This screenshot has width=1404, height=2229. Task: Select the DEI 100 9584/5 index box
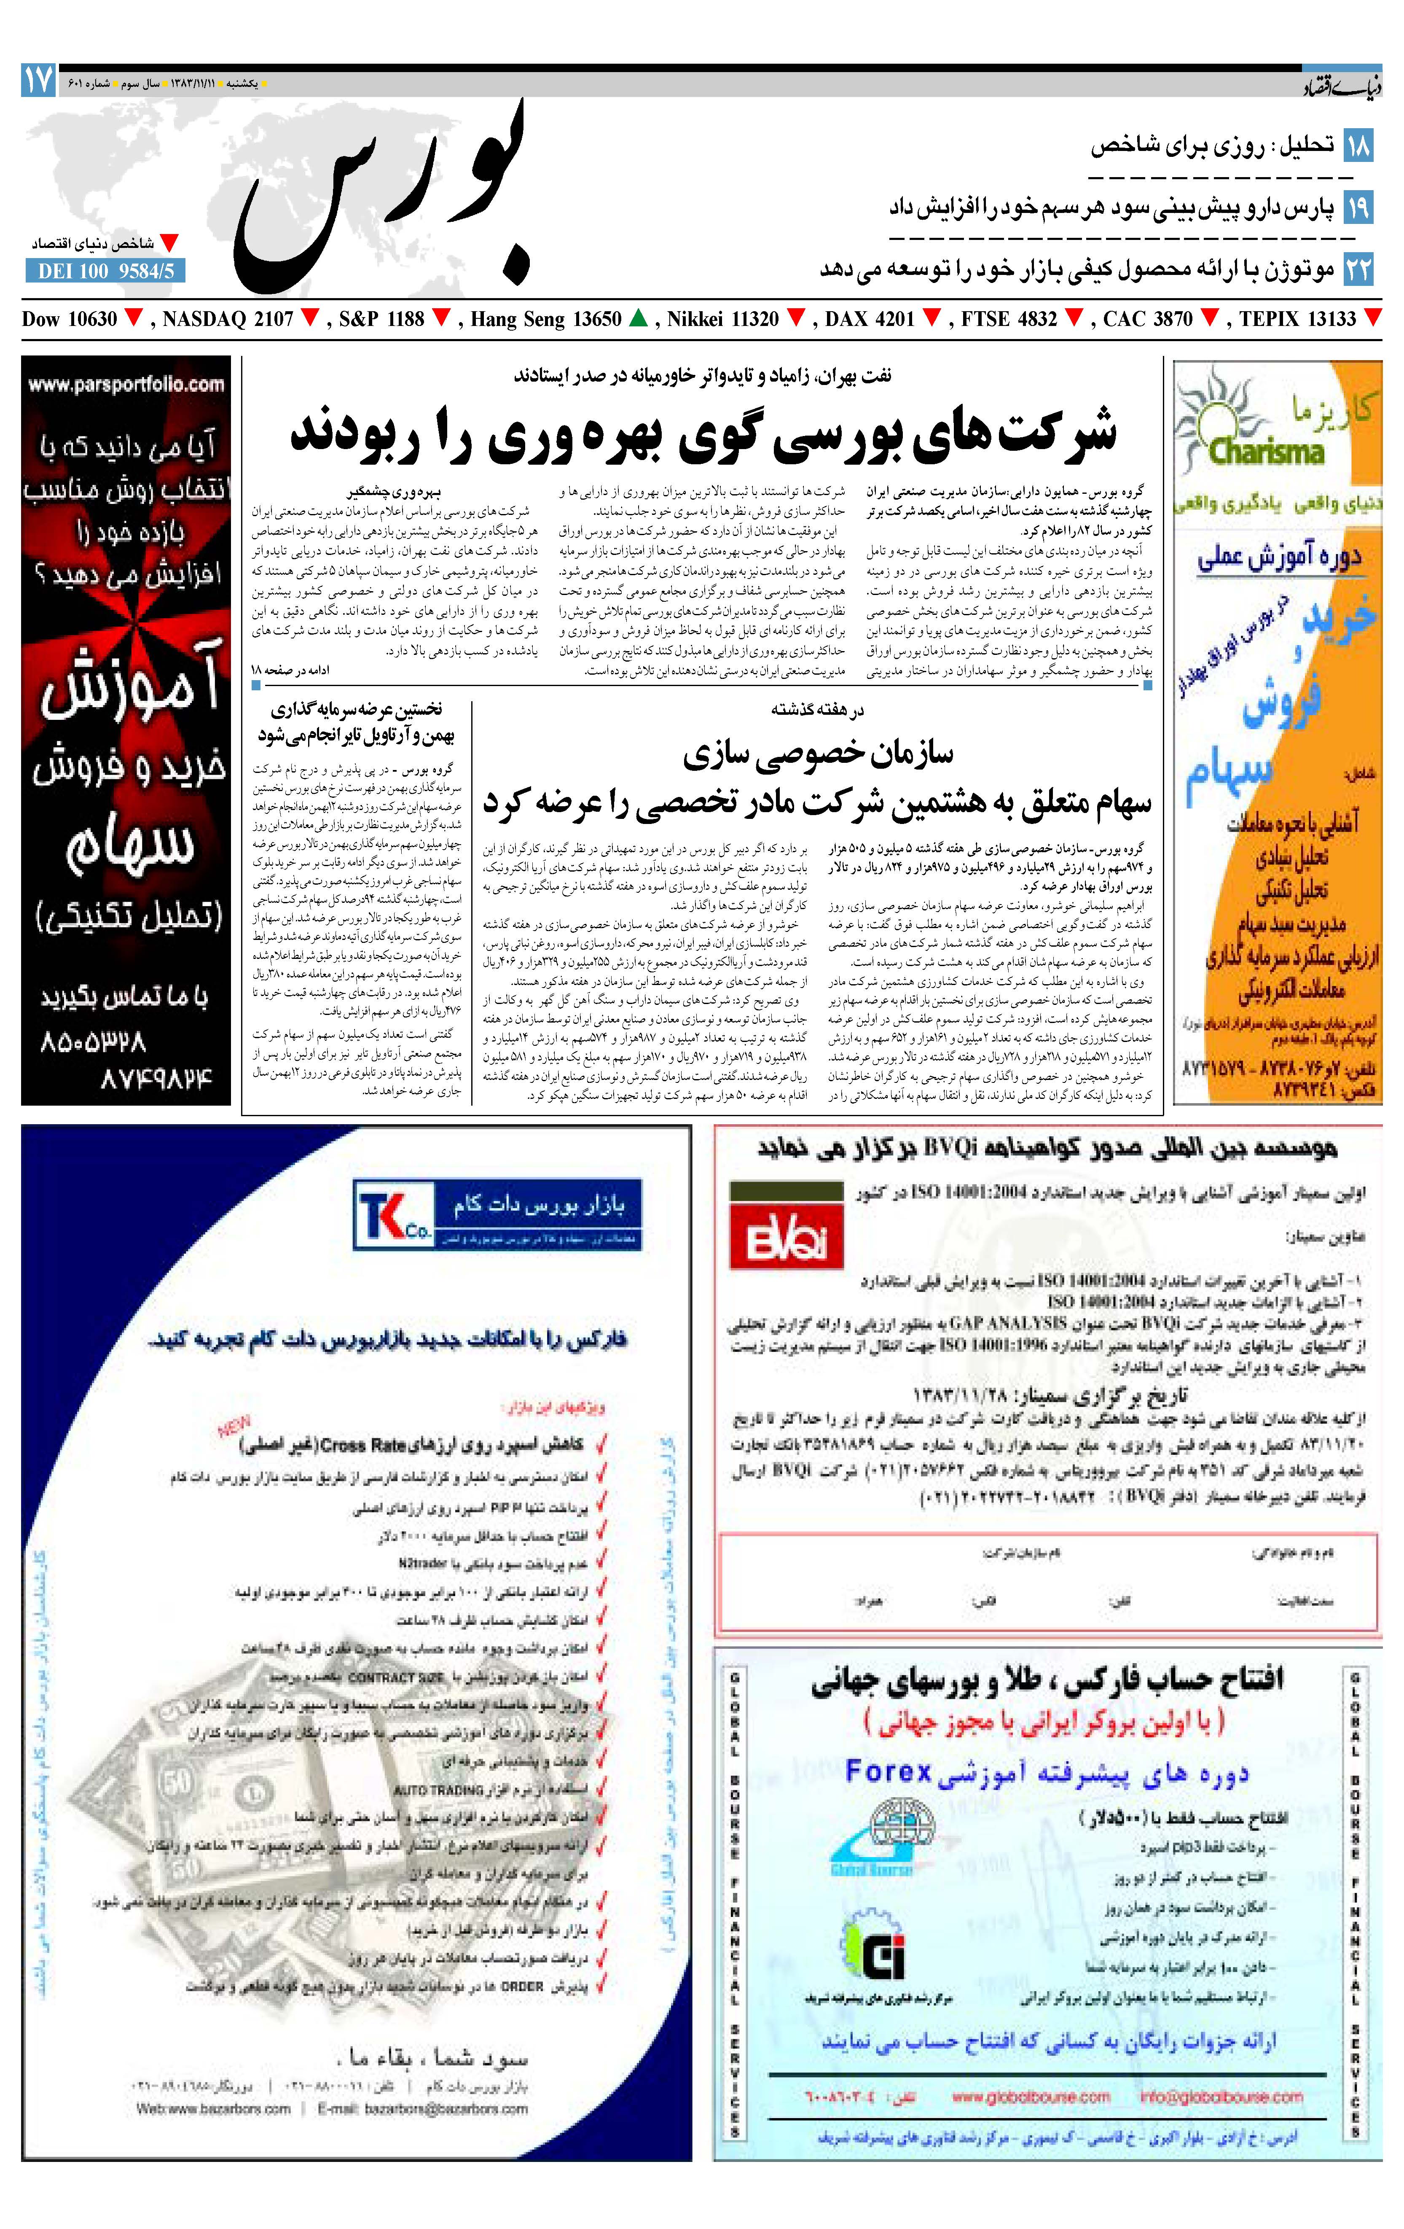(x=105, y=271)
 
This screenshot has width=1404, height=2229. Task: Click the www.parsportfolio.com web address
(x=126, y=384)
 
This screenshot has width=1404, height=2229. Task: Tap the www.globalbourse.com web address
(x=1030, y=2097)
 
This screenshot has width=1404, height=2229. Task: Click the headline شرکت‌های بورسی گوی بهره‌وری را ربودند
(x=703, y=433)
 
